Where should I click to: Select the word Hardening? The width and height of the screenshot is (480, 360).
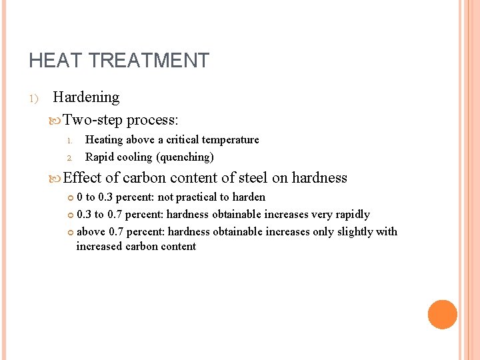pyautogui.click(x=86, y=97)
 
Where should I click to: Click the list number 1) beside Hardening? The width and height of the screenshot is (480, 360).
pyautogui.click(x=34, y=99)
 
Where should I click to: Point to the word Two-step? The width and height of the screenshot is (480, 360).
pyautogui.click(x=93, y=120)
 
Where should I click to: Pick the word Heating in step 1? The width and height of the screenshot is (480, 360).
pyautogui.click(x=104, y=140)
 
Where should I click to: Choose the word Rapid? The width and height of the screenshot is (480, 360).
pyautogui.click(x=99, y=157)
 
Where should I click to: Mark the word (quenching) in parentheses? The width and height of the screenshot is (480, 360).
pyautogui.click(x=185, y=158)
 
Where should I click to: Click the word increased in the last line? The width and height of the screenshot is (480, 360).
pyautogui.click(x=99, y=247)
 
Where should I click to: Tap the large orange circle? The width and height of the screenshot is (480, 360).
pyautogui.click(x=442, y=314)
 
